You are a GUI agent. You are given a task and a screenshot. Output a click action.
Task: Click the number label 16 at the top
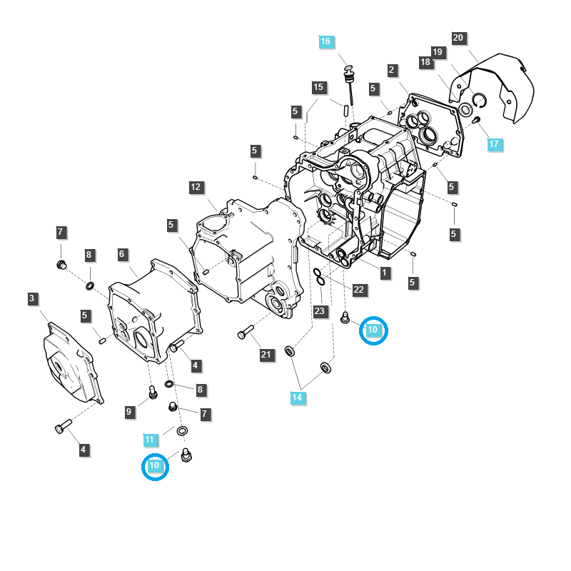(325, 41)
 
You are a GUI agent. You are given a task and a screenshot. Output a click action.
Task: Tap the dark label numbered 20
(458, 38)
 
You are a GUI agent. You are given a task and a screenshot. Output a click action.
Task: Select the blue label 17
(495, 144)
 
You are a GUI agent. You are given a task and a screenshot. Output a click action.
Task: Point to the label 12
(196, 187)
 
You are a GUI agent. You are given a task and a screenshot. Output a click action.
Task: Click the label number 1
(385, 272)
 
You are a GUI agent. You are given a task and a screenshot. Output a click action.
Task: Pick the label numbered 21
(267, 355)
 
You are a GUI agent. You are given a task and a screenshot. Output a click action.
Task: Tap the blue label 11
(149, 440)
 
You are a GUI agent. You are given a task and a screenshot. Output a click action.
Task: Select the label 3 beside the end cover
(33, 298)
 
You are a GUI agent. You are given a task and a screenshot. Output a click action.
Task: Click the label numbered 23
(319, 311)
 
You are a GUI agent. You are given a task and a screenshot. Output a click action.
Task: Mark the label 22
(359, 289)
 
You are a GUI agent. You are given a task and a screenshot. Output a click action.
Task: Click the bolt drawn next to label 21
(244, 333)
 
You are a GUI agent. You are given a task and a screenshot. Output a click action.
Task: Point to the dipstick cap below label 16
(349, 70)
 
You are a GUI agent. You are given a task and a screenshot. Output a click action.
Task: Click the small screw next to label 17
(476, 121)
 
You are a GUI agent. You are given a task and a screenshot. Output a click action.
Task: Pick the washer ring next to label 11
(182, 431)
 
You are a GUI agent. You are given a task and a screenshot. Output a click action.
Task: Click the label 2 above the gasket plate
(392, 70)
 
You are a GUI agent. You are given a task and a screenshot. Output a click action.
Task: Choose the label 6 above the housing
(122, 254)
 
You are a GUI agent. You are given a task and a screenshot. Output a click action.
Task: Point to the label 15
(318, 87)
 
